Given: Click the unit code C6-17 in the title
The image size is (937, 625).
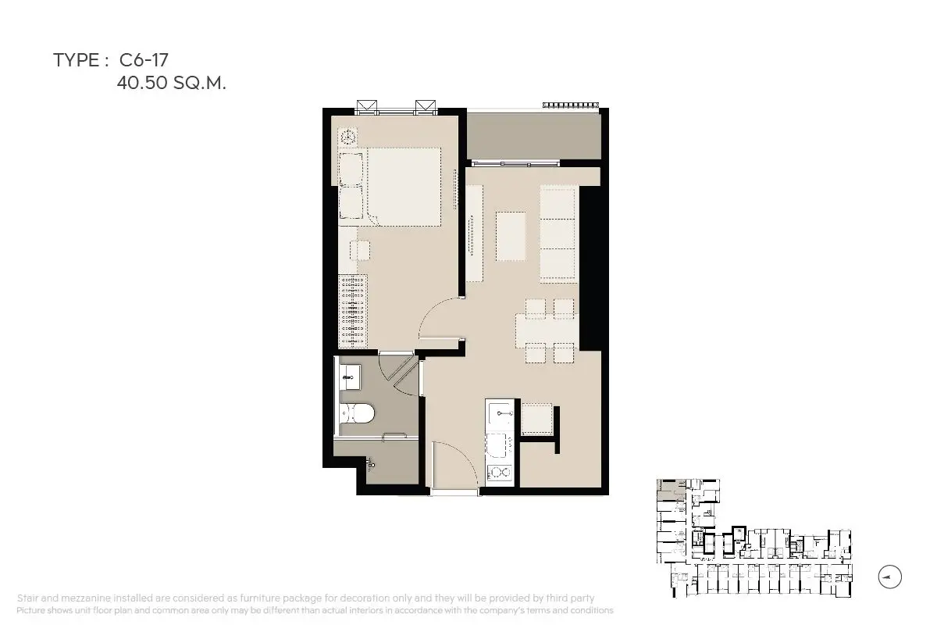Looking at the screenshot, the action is point(144,60).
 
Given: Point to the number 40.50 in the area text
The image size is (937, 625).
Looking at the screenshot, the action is point(142,83).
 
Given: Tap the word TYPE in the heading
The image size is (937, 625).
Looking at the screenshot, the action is point(77,60).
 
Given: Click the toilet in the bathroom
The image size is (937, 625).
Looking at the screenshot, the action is point(357,413).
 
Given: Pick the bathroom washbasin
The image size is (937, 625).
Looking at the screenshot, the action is point(350,377).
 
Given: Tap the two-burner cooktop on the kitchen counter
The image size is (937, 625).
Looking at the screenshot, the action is point(500,473).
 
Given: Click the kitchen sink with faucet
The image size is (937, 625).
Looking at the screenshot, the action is point(500,414).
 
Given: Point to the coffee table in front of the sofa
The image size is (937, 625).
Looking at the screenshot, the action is point(511,237).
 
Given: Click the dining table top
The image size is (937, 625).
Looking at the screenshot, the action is point(547,331).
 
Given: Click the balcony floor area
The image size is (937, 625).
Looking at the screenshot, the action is point(534,136).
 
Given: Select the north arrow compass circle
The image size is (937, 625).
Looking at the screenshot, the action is point(889,577).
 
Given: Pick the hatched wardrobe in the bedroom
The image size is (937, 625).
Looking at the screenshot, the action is point(353,312).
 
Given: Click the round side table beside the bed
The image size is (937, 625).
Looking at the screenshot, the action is point(347,137).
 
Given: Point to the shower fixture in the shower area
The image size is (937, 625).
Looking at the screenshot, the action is point(371,463).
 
